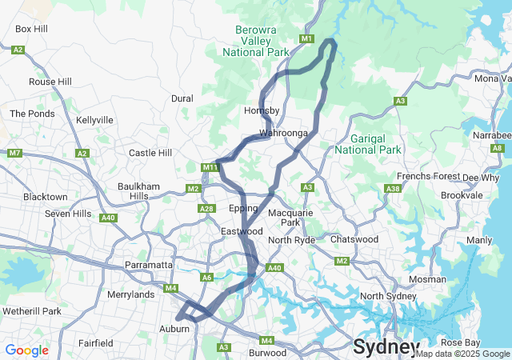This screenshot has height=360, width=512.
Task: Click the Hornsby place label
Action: [x=261, y=110]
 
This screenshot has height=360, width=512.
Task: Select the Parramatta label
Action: [x=149, y=265]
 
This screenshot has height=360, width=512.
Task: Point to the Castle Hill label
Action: [x=150, y=153]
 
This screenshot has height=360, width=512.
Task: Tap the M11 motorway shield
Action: [x=210, y=167]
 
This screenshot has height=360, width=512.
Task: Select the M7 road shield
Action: [x=14, y=153]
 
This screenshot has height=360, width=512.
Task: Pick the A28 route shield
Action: [x=206, y=209]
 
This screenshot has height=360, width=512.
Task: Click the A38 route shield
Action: [x=392, y=189]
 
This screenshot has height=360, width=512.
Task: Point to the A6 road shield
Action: [x=207, y=278]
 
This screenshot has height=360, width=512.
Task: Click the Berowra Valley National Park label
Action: [x=255, y=41]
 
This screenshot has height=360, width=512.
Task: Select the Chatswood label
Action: [x=354, y=239]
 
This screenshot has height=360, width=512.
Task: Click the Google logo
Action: [x=26, y=350]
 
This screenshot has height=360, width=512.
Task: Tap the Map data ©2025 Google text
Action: [x=462, y=354]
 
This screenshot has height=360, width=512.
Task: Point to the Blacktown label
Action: [x=45, y=197]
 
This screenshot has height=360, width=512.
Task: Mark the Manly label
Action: [x=479, y=240]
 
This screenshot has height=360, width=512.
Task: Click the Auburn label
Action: [x=174, y=329]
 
